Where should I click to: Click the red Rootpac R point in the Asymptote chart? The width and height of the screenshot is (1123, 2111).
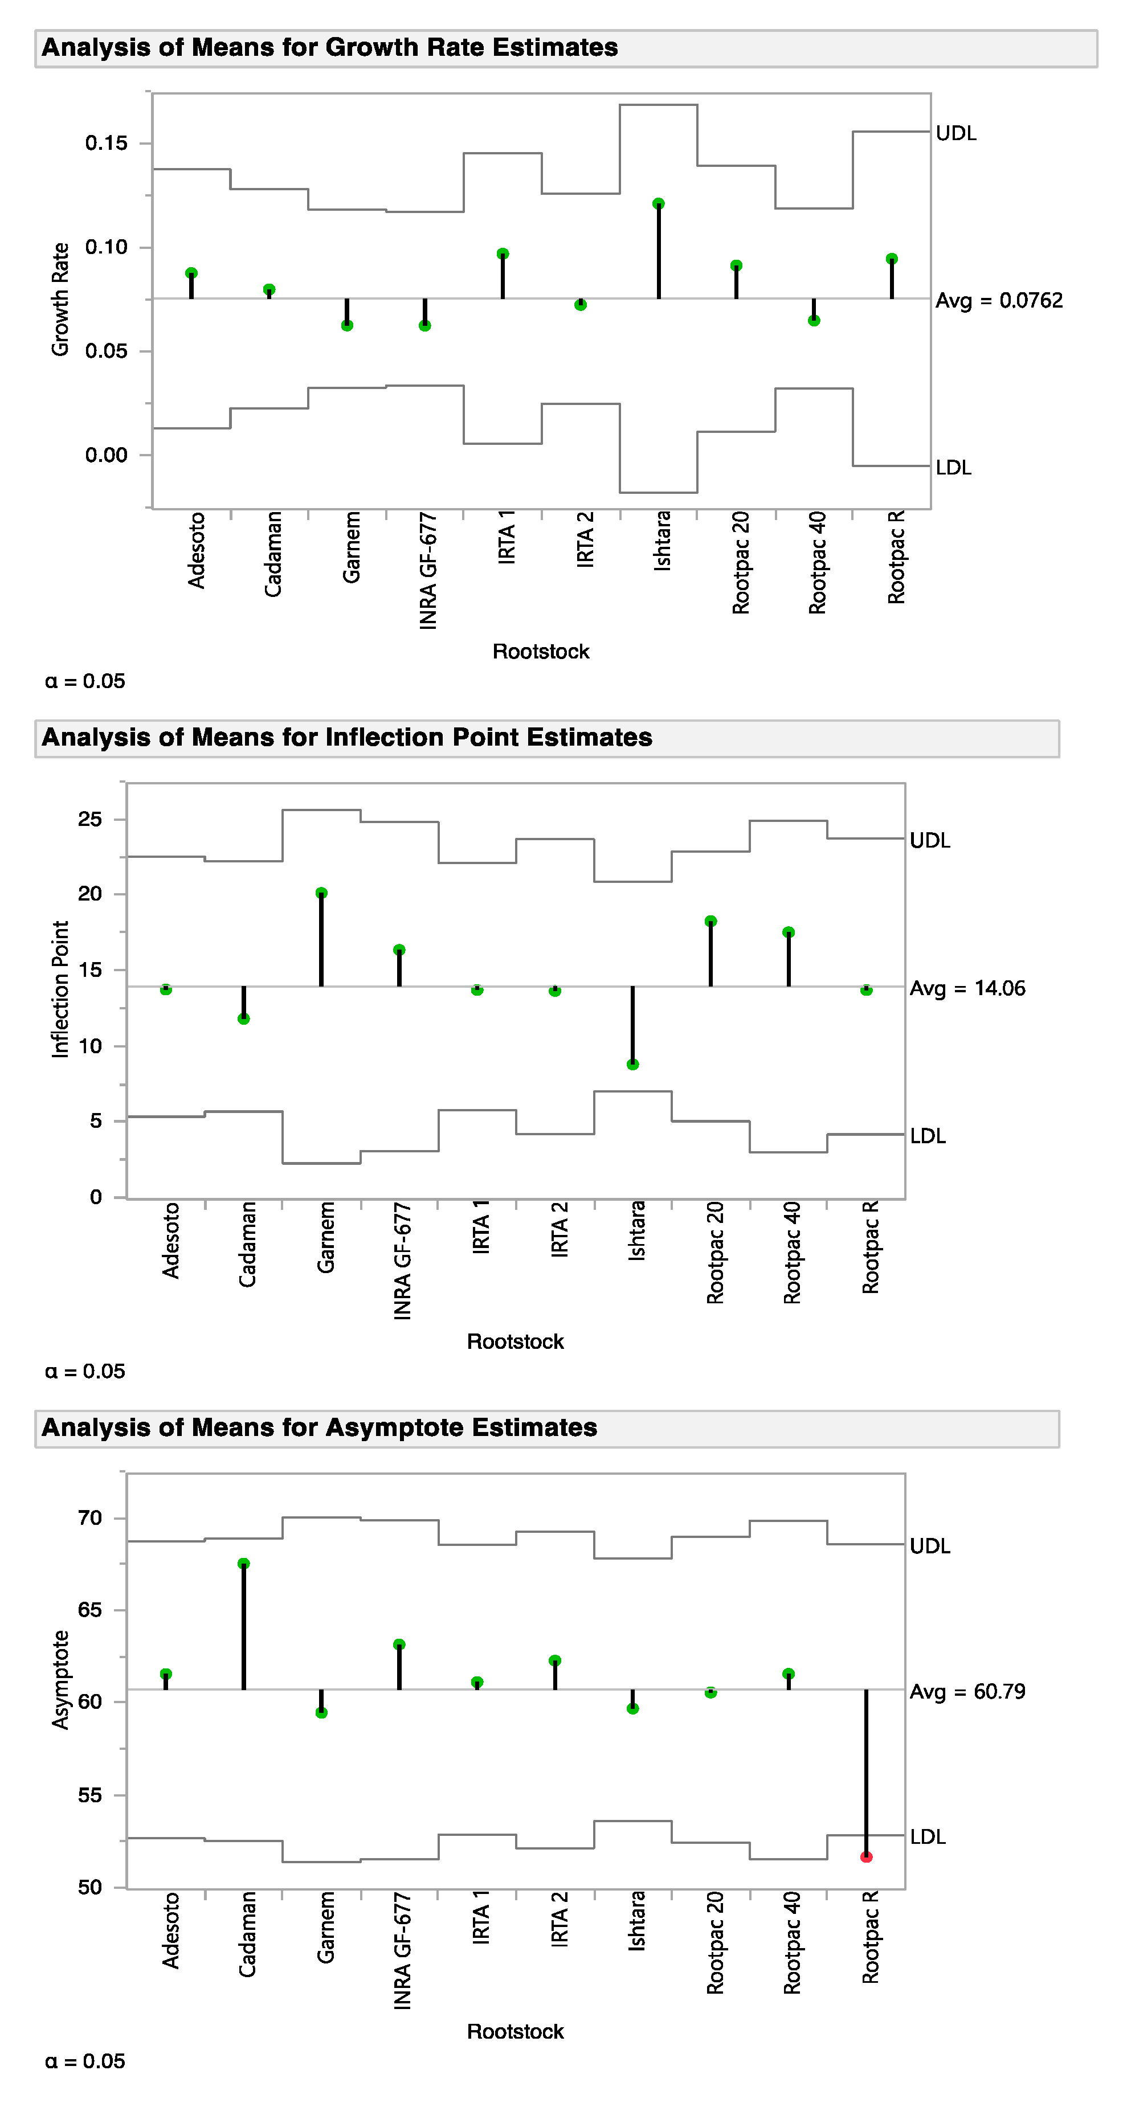tap(867, 1857)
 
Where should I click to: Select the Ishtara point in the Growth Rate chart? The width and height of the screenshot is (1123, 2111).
tap(658, 203)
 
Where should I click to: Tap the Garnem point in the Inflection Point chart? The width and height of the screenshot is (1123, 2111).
tap(321, 893)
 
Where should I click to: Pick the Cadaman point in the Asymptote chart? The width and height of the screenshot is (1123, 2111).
tap(243, 1564)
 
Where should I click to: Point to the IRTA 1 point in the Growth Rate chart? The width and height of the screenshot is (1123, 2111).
tap(503, 253)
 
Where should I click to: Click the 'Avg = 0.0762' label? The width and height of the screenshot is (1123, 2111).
tap(998, 301)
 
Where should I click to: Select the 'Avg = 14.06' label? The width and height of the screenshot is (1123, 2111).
tap(967, 988)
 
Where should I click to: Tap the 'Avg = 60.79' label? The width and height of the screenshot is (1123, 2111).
tap(967, 1691)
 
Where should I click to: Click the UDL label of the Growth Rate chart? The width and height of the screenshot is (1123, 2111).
tap(956, 134)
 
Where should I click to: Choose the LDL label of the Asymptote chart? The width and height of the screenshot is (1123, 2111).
tap(928, 1837)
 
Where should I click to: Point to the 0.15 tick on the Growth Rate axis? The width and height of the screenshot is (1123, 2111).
tap(107, 144)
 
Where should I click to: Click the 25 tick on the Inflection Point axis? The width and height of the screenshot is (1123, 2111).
tap(90, 820)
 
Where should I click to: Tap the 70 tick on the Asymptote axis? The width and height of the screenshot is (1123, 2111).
tap(90, 1519)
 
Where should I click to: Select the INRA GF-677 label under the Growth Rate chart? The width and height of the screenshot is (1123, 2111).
tap(428, 570)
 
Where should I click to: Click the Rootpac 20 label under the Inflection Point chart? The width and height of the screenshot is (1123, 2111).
tap(715, 1252)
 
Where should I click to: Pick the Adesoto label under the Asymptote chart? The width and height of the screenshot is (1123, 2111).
tap(170, 1930)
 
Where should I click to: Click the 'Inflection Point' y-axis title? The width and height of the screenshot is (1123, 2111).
tap(60, 989)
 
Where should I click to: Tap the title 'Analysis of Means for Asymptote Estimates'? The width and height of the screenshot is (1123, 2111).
tap(319, 1427)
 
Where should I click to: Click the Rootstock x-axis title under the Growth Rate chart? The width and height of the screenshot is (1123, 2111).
tap(541, 652)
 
